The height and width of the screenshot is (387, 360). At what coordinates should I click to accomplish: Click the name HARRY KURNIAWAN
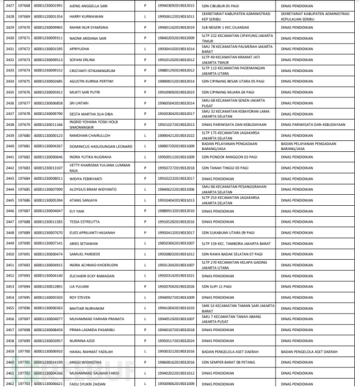click(x=85, y=16)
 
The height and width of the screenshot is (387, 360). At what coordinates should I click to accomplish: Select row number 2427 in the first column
click(x=10, y=5)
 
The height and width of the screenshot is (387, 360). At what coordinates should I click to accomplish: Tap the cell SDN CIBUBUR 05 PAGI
click(x=220, y=5)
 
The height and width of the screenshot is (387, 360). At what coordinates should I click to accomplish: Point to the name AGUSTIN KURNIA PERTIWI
click(x=92, y=81)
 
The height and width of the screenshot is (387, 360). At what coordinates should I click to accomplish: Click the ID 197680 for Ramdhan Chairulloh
click(x=24, y=135)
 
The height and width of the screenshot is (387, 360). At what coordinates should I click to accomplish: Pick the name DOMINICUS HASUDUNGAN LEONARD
click(x=101, y=146)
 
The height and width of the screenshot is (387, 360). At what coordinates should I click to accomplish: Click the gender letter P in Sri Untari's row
click(x=144, y=103)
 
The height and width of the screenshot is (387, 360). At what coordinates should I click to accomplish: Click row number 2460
click(x=10, y=362)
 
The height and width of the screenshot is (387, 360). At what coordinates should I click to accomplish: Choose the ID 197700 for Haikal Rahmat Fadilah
click(x=24, y=351)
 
